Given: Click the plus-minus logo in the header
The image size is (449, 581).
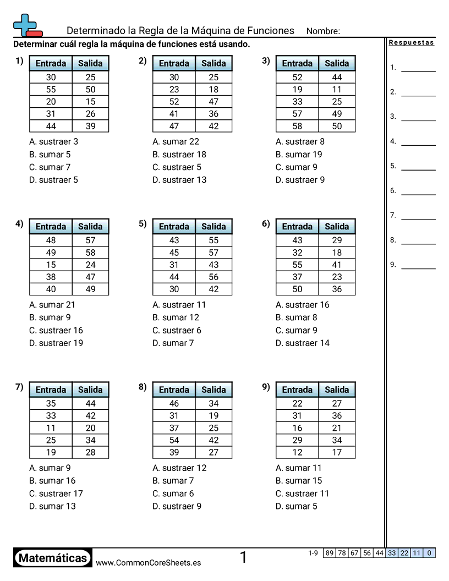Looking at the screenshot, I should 27,26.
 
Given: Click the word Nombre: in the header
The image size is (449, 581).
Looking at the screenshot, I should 323,31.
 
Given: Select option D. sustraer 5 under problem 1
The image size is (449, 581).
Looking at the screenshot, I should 53,180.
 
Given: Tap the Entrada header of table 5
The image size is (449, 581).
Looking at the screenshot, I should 174,227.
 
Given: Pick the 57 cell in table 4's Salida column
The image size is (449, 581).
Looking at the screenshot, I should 90,240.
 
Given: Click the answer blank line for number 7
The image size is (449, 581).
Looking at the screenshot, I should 418,219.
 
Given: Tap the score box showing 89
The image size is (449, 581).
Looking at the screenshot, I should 330,553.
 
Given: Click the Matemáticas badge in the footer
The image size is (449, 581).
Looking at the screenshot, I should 53,558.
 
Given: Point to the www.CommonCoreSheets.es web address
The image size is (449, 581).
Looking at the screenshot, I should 148,562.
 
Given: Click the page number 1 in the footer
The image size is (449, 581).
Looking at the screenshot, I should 243,558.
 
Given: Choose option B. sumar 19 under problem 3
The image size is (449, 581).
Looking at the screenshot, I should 299,155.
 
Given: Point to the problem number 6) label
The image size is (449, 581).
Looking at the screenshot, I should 266,223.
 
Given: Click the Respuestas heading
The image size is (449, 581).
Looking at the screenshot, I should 411,43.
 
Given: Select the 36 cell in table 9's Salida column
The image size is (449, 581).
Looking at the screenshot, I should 337,416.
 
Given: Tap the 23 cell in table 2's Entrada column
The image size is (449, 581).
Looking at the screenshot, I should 174,89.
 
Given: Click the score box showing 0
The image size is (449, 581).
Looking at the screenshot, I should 429,553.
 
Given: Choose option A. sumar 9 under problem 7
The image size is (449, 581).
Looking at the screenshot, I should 50,468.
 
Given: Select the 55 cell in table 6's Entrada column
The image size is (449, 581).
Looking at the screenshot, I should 297,265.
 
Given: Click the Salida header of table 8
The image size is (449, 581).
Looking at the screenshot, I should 213,390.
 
